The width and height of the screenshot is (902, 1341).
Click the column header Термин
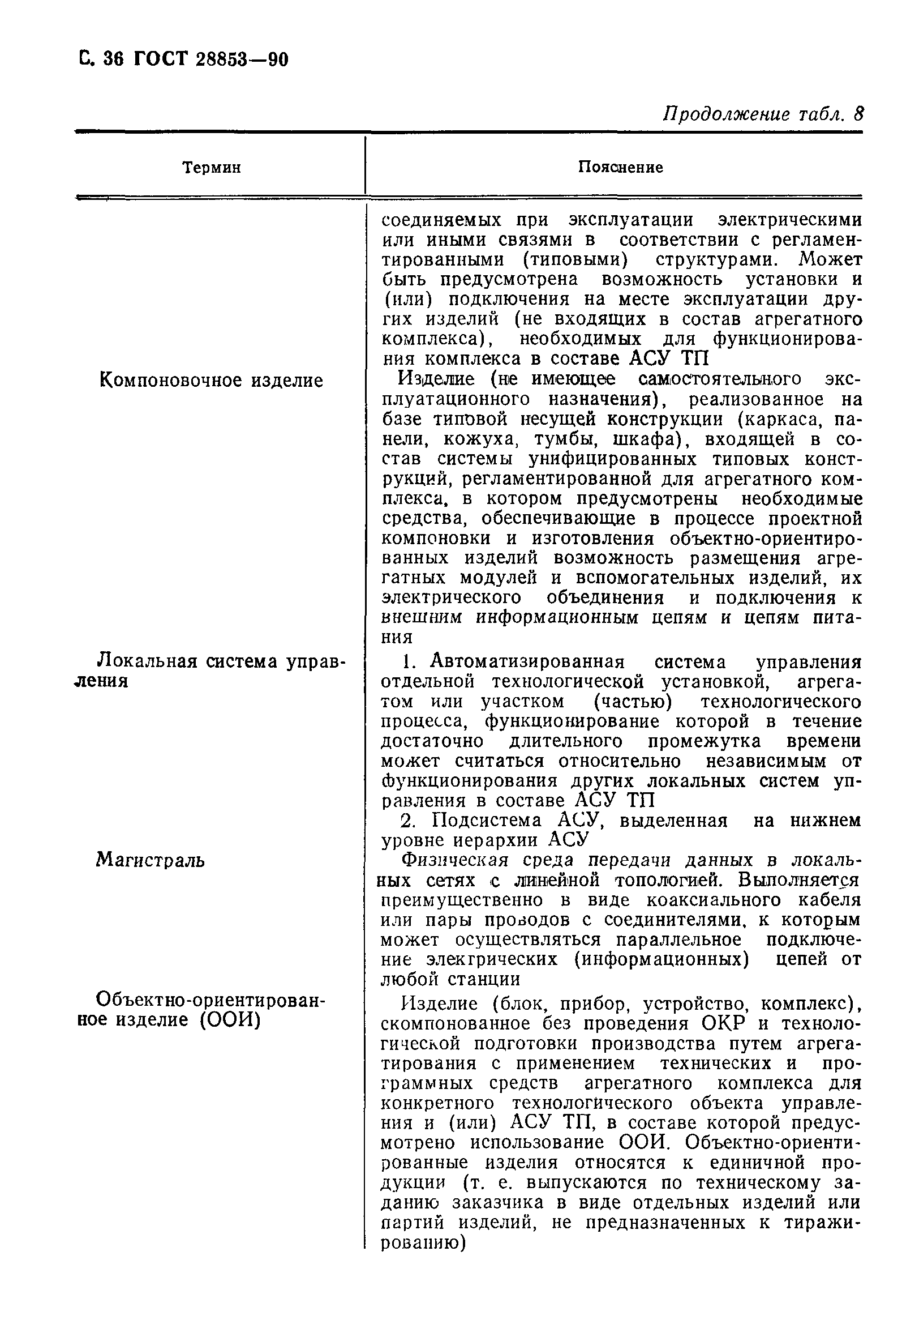pyautogui.click(x=211, y=168)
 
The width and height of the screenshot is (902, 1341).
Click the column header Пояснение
pyautogui.click(x=620, y=167)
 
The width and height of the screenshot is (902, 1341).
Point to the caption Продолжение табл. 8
pyautogui.click(x=763, y=114)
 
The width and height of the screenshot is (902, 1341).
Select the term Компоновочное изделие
pyautogui.click(x=211, y=381)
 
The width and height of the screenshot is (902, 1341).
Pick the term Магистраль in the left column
pyautogui.click(x=150, y=860)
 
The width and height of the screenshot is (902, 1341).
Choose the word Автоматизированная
pyautogui.click(x=527, y=662)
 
